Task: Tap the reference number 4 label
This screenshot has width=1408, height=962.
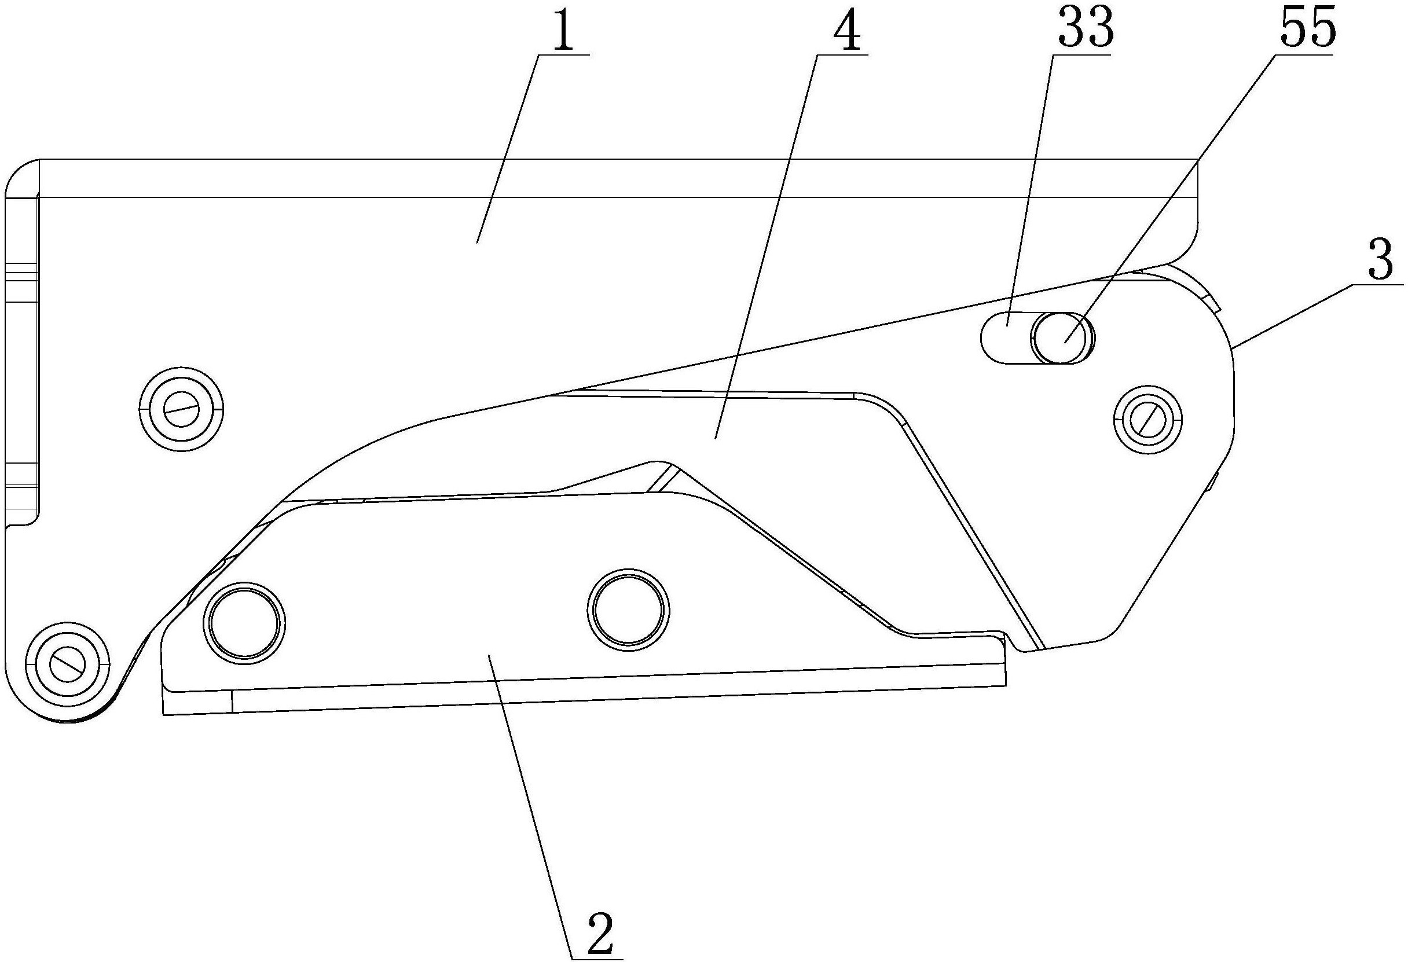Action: point(846,28)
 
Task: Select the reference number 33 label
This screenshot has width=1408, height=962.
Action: point(1086,28)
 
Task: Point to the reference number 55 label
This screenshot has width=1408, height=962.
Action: point(1307,28)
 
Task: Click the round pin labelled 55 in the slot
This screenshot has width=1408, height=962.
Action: point(1064,338)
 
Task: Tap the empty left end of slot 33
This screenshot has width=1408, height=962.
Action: point(1006,338)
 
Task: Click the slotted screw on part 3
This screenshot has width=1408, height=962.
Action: point(1148,418)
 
